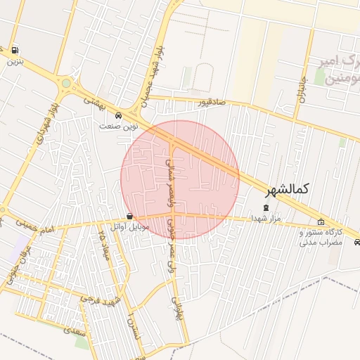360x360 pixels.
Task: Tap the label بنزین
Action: click(x=13, y=61)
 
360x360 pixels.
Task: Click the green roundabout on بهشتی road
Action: click(x=65, y=84)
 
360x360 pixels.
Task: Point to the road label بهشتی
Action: click(x=93, y=101)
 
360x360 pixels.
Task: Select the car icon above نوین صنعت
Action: click(x=117, y=115)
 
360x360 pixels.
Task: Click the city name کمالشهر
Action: click(x=288, y=191)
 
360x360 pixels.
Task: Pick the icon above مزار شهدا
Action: click(x=265, y=208)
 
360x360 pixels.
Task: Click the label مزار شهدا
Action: click(x=265, y=219)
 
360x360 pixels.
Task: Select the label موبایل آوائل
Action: click(x=131, y=227)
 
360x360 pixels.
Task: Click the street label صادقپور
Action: click(x=212, y=103)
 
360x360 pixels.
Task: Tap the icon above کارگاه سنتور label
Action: click(x=321, y=222)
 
